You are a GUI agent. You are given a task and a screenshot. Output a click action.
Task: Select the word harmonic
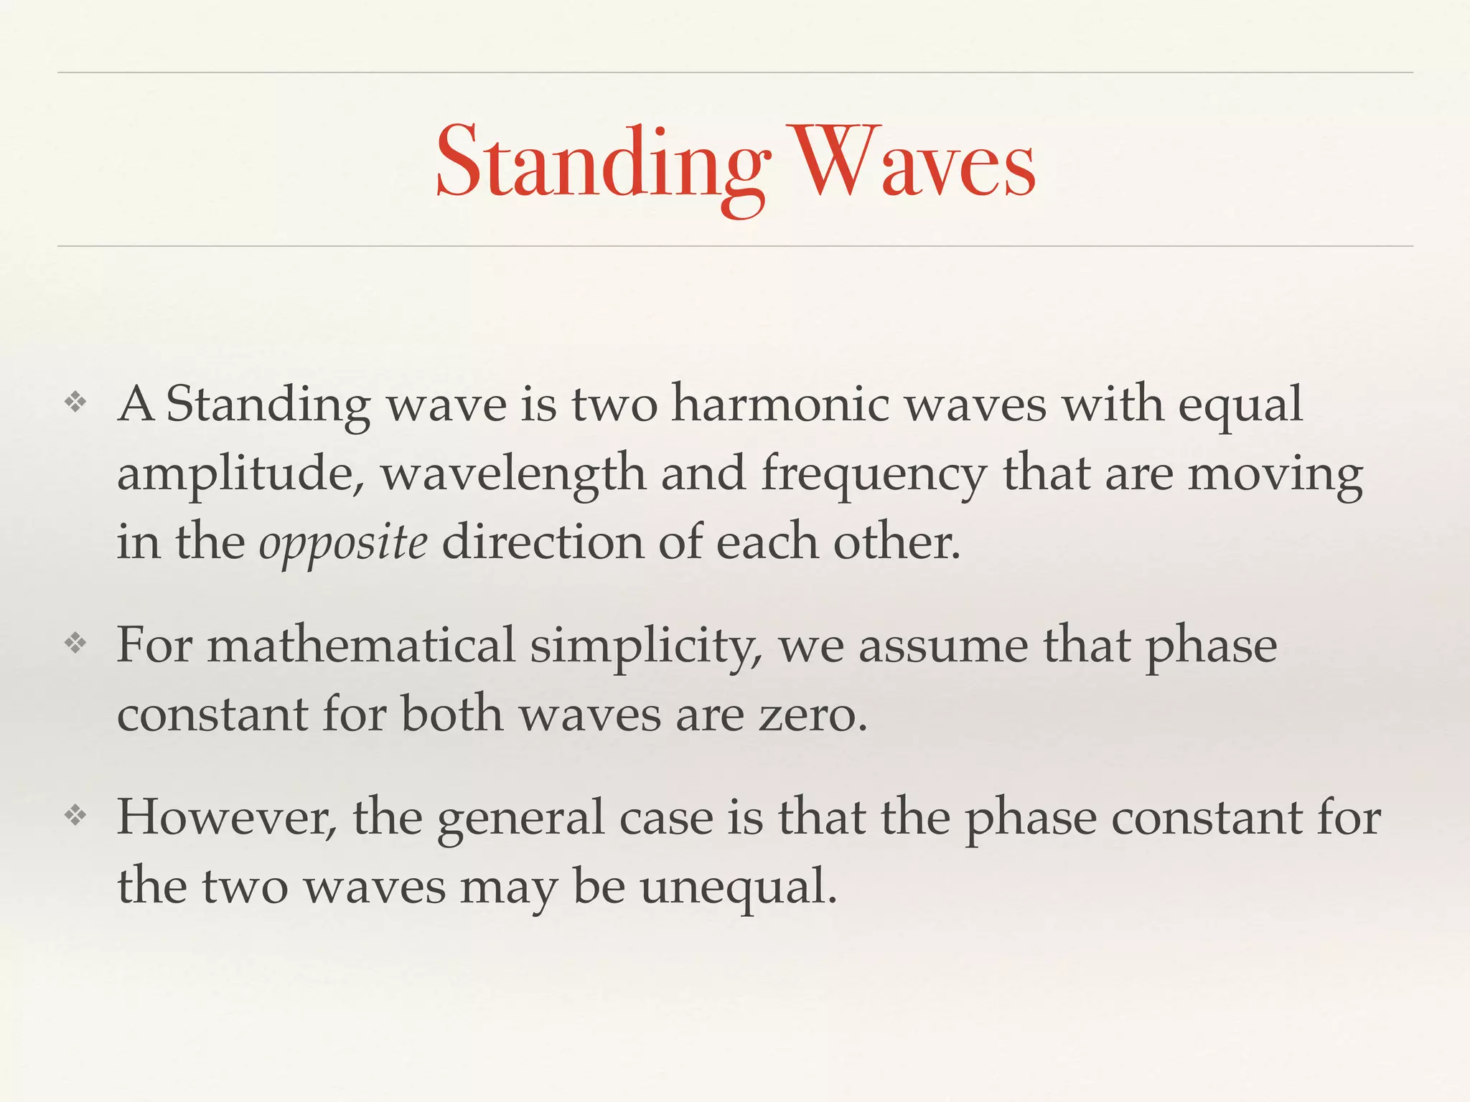(781, 405)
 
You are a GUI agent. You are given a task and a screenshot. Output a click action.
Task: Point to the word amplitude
(240, 475)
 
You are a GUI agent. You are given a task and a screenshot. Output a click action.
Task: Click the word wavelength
(512, 475)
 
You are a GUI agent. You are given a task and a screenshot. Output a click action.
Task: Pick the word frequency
(874, 475)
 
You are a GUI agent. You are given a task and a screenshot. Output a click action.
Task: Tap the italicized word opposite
(343, 544)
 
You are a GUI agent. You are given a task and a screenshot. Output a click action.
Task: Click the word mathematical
(361, 645)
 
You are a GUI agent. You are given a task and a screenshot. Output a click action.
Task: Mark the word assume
(943, 645)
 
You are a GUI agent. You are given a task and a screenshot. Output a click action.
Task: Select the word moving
(1275, 475)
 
